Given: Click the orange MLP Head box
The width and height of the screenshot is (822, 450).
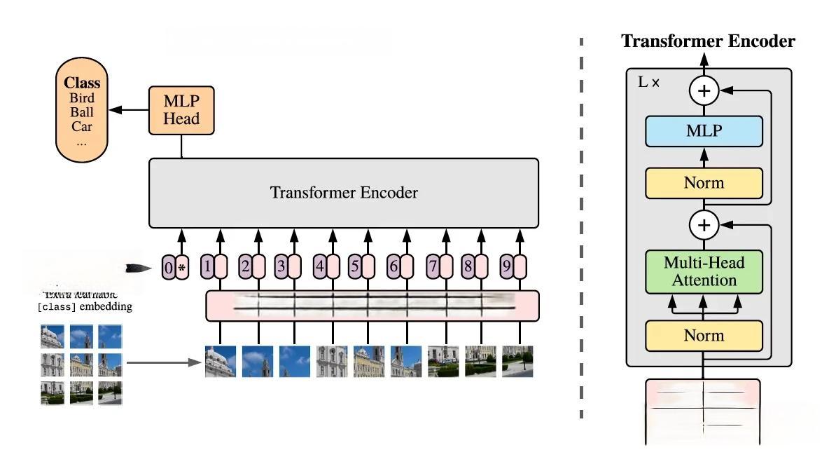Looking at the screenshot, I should [181, 110].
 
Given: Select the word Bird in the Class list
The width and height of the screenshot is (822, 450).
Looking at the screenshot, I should [81, 98].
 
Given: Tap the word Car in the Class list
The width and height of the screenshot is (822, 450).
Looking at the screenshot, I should [81, 127].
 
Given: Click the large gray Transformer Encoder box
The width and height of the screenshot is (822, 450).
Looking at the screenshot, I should [343, 193].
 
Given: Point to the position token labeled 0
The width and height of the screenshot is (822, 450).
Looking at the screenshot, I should [168, 267].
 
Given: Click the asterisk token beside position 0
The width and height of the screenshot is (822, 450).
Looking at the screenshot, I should [183, 267].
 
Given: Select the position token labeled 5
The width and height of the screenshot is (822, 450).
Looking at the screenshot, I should [355, 266].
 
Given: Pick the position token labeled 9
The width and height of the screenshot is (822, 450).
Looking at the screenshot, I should [506, 266].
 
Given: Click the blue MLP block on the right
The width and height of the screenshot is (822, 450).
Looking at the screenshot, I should [704, 130].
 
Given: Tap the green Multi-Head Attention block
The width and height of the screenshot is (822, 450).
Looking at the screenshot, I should [704, 272].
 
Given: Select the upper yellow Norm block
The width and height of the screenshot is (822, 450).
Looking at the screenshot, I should [704, 183].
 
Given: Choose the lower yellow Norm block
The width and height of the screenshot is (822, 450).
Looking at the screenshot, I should [704, 335].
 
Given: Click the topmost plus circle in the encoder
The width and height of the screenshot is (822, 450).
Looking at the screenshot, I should [704, 90].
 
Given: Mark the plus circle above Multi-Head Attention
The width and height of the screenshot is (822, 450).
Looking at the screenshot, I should [704, 225].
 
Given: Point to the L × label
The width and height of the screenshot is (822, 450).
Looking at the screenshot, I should [648, 82].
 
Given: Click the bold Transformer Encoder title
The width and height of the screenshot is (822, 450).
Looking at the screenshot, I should [708, 41].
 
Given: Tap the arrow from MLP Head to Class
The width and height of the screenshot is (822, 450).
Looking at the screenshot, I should [130, 110].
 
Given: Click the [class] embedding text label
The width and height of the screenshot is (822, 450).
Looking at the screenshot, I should [85, 307].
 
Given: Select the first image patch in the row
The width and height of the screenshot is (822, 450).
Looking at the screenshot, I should [220, 362].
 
